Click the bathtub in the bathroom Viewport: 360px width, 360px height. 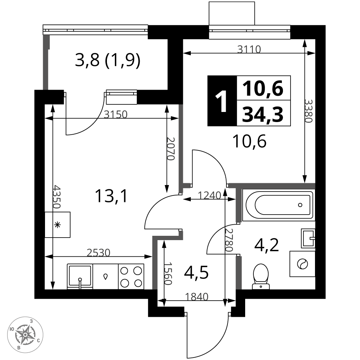point(279,205)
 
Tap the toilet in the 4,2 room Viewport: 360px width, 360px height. point(261,276)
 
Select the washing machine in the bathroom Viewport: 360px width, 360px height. point(302,264)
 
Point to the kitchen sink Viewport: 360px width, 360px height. point(80,276)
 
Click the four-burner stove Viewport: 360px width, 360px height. point(131,276)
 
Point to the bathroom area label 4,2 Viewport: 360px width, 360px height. point(266,245)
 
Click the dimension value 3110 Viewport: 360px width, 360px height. point(249,49)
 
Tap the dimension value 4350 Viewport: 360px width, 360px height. point(57,197)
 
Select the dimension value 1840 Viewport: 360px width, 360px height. point(197,297)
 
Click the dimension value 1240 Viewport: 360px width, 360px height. point(210,195)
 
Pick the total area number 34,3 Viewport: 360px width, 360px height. point(263,114)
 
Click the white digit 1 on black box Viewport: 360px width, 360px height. point(221,101)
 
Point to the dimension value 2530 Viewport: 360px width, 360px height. point(99,253)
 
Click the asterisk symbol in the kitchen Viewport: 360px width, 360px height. point(57,225)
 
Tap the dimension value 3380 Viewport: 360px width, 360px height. point(309,111)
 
